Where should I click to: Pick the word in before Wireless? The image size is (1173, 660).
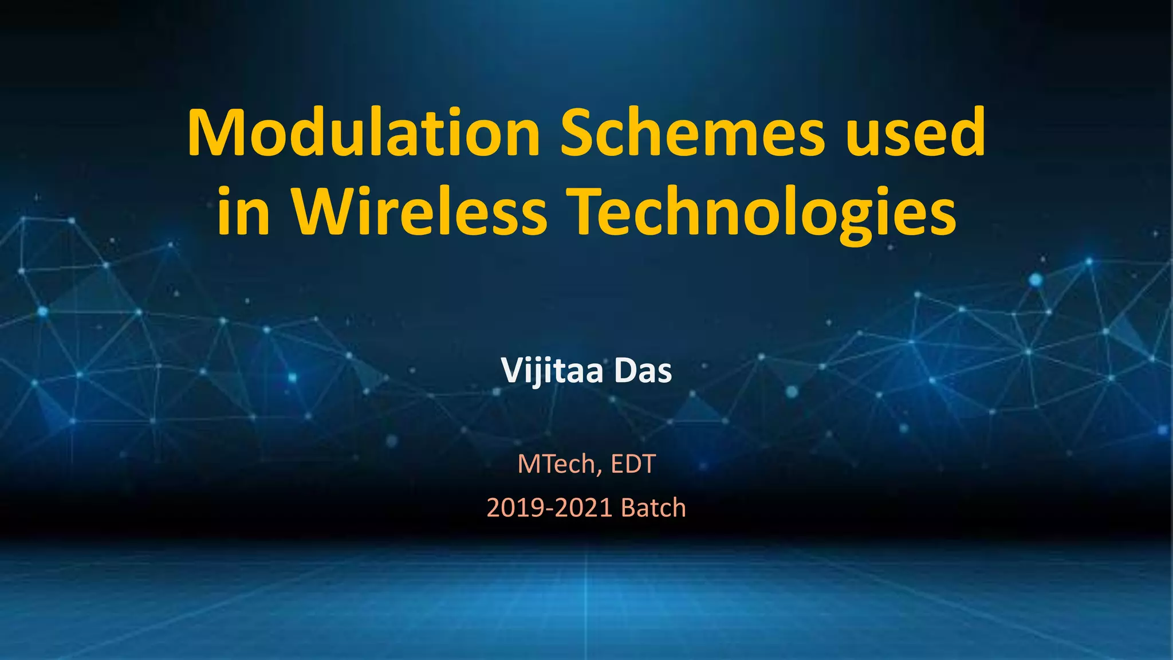click(x=243, y=212)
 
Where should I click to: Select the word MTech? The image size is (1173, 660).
click(x=558, y=464)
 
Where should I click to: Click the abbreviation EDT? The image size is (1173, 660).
click(x=633, y=464)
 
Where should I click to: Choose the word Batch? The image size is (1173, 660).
click(x=654, y=508)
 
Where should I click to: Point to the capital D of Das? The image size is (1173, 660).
click(x=624, y=371)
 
